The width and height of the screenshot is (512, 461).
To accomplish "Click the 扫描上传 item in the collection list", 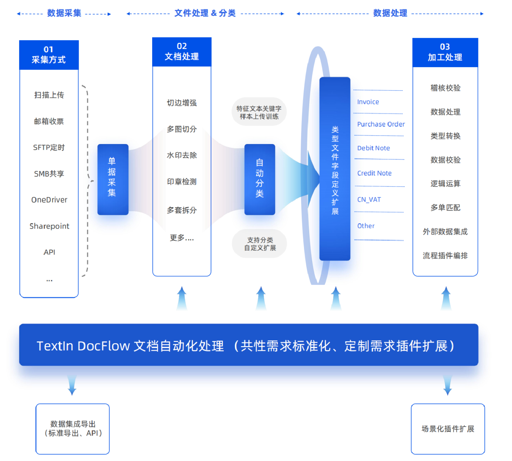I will click(49, 95).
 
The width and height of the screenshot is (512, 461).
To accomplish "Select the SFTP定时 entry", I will click(49, 147).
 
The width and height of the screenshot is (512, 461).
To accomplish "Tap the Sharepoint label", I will click(49, 226).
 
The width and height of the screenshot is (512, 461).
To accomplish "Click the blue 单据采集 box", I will click(113, 179).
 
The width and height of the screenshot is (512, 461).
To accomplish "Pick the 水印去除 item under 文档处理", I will click(182, 156).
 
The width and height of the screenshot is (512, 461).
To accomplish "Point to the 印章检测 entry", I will click(182, 182).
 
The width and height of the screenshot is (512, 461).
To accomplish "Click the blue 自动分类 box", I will click(260, 179).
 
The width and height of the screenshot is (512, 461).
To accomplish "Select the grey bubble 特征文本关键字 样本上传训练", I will click(259, 112).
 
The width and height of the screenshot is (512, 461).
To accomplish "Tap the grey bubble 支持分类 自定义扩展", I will click(260, 244).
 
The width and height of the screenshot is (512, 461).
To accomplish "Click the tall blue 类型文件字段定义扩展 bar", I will click(335, 169).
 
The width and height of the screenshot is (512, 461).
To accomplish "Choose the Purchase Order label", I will click(381, 124).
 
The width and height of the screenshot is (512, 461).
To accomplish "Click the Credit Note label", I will click(374, 173).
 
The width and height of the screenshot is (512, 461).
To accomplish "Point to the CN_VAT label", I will click(369, 199).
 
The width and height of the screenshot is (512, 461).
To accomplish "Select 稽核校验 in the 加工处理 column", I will click(445, 88).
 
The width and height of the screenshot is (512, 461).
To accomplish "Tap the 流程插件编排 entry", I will click(445, 256).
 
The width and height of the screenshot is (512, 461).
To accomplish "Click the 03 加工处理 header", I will click(445, 52).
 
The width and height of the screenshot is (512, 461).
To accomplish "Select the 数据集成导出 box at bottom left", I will click(72, 428).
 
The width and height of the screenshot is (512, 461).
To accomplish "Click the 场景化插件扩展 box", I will click(448, 429).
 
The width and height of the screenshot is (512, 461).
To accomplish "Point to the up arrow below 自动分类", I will click(261, 298).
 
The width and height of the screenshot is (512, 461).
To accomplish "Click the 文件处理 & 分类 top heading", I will click(205, 13).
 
